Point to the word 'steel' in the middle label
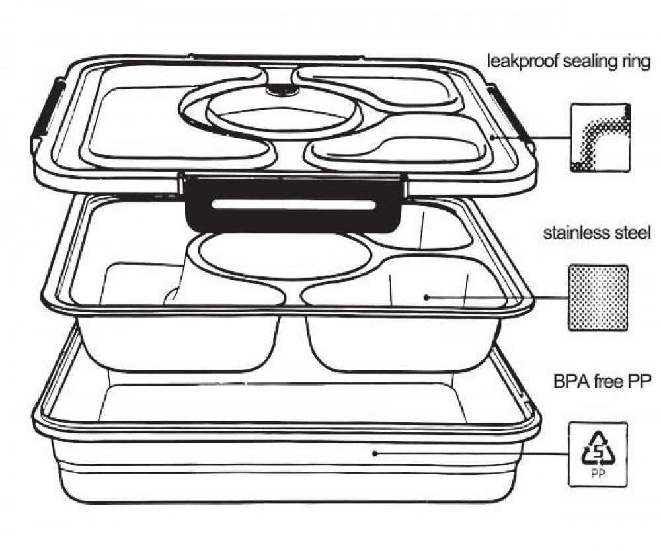click(631, 233)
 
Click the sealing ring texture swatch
click(600, 138)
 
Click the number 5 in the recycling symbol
click(599, 452)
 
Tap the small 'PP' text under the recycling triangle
click(598, 474)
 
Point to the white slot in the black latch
click(294, 205)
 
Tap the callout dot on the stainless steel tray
click(426, 298)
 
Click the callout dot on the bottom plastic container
click(374, 454)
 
